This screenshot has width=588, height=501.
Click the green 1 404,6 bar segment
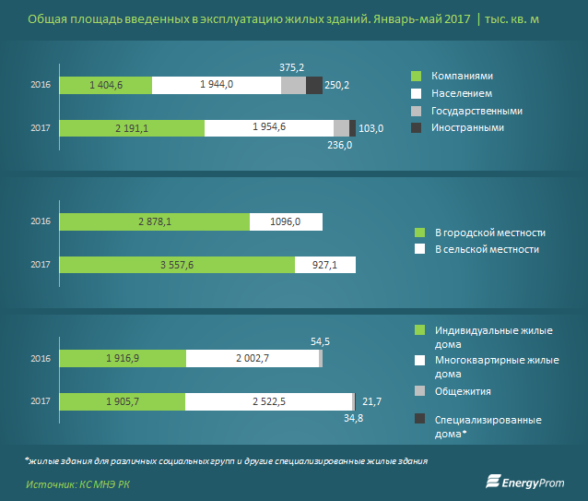pyautogui.click(x=106, y=85)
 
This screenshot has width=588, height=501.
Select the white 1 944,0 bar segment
pyautogui.click(x=217, y=85)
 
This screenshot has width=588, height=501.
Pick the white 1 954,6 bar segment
pyautogui.click(x=268, y=128)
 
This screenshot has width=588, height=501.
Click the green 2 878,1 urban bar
pyautogui.click(x=155, y=221)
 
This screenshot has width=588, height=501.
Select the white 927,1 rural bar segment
pyautogui.click(x=325, y=264)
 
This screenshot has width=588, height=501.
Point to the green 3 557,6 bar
pyautogui.click(x=178, y=264)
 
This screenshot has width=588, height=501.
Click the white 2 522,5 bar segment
pyautogui.click(x=269, y=401)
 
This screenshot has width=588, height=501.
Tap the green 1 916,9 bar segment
pyautogui.click(x=123, y=358)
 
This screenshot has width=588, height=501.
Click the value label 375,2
pyautogui.click(x=292, y=66)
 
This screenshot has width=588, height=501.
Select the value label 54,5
pyautogui.click(x=320, y=341)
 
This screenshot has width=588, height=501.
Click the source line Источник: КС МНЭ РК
pyautogui.click(x=79, y=483)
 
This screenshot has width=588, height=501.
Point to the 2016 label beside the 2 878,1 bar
pyautogui.click(x=40, y=221)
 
